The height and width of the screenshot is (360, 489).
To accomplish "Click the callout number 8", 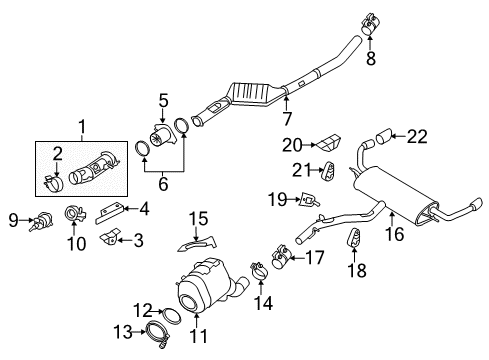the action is point(371,59).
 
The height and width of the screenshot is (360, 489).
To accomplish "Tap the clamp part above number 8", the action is point(369,24).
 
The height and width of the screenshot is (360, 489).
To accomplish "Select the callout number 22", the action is point(417,136).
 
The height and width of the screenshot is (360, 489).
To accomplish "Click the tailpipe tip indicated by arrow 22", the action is point(384,137).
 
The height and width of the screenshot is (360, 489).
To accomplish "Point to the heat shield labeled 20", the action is point(329,143).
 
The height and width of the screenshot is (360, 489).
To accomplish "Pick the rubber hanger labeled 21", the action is point(328,171).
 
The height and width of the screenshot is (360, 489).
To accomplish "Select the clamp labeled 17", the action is point(281,258).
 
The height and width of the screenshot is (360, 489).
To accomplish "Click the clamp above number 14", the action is point(259,272).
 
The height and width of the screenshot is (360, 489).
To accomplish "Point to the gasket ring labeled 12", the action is point(171,316).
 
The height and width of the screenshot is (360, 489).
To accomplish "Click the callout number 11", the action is point(198,336).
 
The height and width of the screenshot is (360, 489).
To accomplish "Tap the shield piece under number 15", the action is point(197,246).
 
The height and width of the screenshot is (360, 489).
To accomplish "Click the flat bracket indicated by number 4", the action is point(109,213).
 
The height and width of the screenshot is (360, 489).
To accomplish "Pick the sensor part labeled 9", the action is point(41,221).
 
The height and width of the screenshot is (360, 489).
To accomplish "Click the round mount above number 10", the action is point(75,214).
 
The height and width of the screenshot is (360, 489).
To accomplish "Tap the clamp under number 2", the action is point(53,183).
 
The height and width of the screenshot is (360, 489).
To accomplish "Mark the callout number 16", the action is point(395,234).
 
